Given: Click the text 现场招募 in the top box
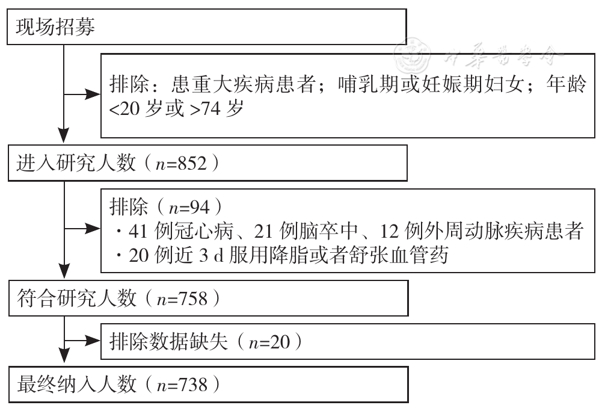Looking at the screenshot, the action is click(55, 26).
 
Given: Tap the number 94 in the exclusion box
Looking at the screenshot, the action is click(200, 207).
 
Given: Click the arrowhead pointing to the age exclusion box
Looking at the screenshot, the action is click(93, 94).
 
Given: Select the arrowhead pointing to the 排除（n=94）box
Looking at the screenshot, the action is click(93, 229).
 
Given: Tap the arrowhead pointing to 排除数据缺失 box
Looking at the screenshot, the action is click(93, 340).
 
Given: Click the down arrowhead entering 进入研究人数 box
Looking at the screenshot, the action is click(64, 136).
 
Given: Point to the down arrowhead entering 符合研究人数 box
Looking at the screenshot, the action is click(64, 271).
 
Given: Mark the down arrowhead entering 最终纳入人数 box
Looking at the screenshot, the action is click(64, 355).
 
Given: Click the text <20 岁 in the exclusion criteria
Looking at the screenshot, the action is click(134, 109).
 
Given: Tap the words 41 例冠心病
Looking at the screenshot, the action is click(181, 231).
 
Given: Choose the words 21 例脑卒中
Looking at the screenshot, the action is click(306, 231).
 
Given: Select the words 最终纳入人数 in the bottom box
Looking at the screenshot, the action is click(76, 385).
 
